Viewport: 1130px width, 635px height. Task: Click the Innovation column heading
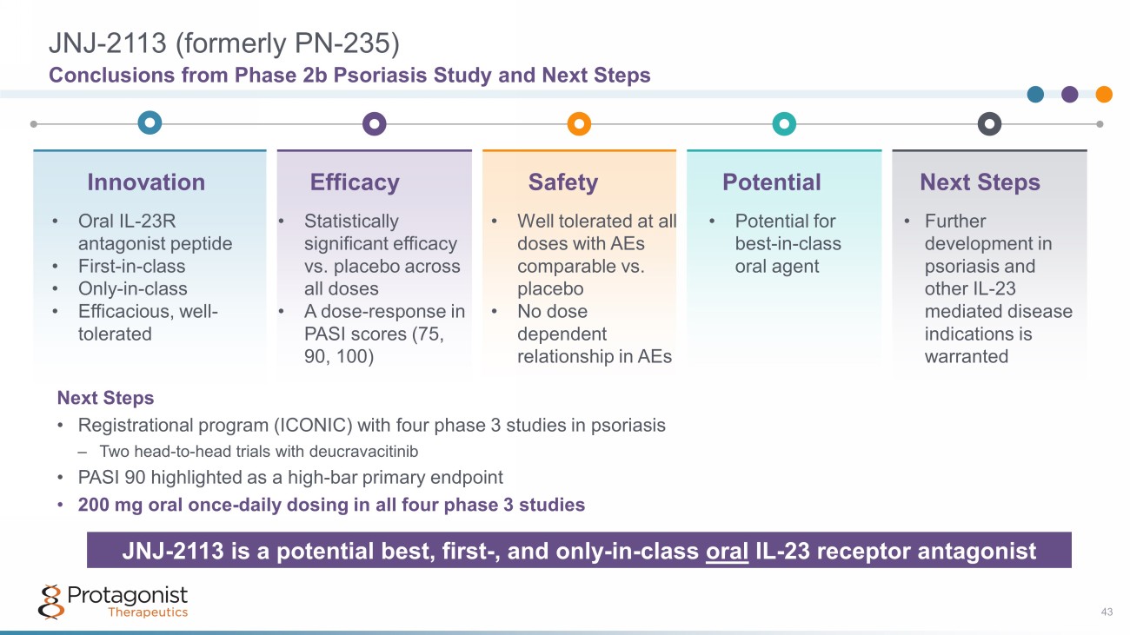[146, 182]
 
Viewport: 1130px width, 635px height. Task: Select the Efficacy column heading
[355, 182]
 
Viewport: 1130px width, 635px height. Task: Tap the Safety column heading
[563, 182]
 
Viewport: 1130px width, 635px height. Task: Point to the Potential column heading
[772, 182]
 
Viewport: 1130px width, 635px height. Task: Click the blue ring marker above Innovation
[150, 123]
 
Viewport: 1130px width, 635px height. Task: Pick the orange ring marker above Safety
[579, 123]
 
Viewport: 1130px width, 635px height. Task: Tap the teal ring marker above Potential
[784, 123]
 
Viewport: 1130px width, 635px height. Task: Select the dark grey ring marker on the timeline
[989, 123]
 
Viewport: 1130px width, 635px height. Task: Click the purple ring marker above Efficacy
[374, 123]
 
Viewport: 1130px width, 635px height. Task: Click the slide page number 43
[1107, 613]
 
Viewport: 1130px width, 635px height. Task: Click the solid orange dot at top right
[1104, 94]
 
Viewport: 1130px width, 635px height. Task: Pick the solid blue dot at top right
[1035, 94]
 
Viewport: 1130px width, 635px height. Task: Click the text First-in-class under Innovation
[131, 266]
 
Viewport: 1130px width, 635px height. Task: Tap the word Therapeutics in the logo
[148, 612]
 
